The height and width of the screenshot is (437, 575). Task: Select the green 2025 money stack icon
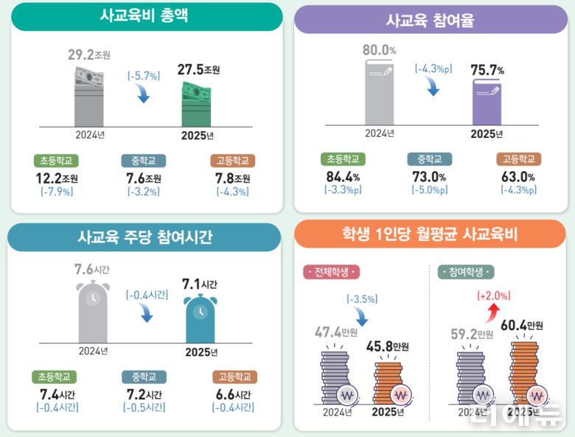click(197, 105)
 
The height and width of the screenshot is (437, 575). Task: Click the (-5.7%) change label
click(144, 75)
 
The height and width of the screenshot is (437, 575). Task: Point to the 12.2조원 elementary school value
click(57, 178)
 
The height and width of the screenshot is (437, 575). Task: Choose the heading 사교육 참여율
click(431, 21)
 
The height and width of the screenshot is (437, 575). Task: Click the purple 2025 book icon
click(487, 102)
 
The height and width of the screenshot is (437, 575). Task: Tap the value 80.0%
click(380, 51)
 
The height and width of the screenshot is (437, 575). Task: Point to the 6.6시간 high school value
click(234, 394)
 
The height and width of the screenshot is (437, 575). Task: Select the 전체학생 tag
click(330, 272)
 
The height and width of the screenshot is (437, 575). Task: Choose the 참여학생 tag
click(466, 272)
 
